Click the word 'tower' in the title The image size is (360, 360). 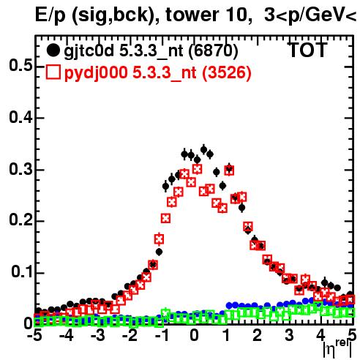(190, 15)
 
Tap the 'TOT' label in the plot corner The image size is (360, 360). (308, 50)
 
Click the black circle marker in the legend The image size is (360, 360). (53, 50)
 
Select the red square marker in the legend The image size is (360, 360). (53, 72)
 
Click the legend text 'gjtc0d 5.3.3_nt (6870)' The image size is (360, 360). (151, 51)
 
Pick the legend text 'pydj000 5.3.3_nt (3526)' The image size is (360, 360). (157, 73)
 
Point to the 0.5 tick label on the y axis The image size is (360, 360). (20, 66)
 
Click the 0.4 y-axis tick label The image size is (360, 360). (20, 118)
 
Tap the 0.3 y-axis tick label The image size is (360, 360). (20, 170)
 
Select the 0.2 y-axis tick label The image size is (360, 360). (20, 220)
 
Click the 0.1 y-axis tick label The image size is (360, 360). (22, 271)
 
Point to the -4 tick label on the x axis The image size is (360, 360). (66, 336)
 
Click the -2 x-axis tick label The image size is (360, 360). (130, 336)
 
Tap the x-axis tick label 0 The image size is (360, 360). (194, 336)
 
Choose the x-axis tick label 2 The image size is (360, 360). (258, 336)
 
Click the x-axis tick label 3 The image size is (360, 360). (289, 336)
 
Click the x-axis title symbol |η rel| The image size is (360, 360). (338, 349)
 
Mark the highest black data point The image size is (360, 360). (204, 149)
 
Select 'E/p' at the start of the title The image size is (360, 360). (50, 15)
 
